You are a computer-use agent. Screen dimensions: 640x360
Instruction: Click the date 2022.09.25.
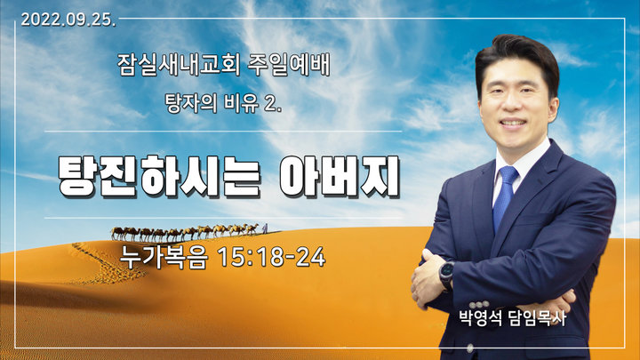(x=68, y=20)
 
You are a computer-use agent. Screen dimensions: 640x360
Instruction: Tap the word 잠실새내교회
(x=179, y=65)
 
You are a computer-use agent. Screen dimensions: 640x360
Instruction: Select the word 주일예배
(x=289, y=65)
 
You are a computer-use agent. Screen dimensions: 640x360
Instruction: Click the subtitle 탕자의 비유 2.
(x=223, y=103)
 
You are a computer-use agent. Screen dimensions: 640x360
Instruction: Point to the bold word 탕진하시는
(x=159, y=176)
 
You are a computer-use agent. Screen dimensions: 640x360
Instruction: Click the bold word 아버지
(x=340, y=176)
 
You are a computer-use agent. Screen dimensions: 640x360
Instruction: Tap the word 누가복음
(x=164, y=258)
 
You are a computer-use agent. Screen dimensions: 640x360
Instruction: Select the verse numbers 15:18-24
(x=271, y=257)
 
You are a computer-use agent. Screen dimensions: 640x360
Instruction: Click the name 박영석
(x=480, y=318)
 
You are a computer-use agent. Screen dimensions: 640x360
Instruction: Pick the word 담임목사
(x=538, y=318)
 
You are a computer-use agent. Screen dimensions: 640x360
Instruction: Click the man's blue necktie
(x=504, y=197)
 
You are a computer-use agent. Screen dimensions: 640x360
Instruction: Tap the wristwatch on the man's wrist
(x=447, y=275)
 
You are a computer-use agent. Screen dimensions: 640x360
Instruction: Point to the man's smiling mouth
(x=513, y=123)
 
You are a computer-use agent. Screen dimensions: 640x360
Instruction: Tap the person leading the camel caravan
(x=265, y=228)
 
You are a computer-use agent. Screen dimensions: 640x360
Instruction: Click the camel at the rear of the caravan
(x=118, y=233)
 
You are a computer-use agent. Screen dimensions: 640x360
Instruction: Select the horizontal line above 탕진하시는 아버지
(x=223, y=132)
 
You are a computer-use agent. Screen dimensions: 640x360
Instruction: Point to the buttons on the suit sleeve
(x=479, y=304)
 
